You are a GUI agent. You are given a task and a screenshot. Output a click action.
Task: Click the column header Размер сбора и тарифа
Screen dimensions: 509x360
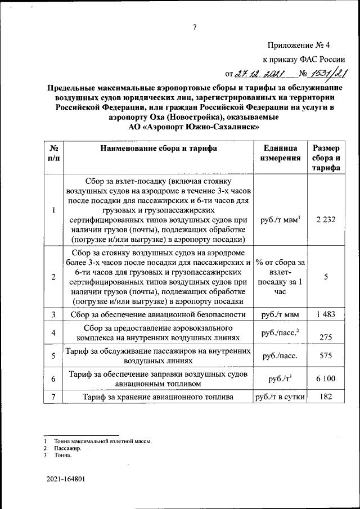tap(326, 157)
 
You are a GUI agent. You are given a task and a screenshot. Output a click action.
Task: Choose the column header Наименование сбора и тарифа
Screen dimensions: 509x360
tap(158, 148)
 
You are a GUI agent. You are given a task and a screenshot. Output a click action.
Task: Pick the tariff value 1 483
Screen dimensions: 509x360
tap(326, 315)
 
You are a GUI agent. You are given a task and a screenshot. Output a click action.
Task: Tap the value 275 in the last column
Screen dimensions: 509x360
tap(326, 337)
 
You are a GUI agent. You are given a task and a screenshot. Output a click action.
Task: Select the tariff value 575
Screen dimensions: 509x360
tap(326, 355)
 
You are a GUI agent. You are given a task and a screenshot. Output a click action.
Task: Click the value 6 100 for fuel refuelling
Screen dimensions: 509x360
tap(326, 379)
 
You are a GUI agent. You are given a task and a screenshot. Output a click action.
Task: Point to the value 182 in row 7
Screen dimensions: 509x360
tap(326, 397)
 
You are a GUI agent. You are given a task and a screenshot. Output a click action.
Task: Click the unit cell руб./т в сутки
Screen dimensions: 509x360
tap(280, 397)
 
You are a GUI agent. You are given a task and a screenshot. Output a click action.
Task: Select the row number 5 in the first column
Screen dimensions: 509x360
tap(52, 355)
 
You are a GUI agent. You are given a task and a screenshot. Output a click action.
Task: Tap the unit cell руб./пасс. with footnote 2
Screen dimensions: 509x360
tap(280, 334)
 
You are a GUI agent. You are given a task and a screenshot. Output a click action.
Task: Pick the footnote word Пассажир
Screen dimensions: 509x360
tap(68, 449)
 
